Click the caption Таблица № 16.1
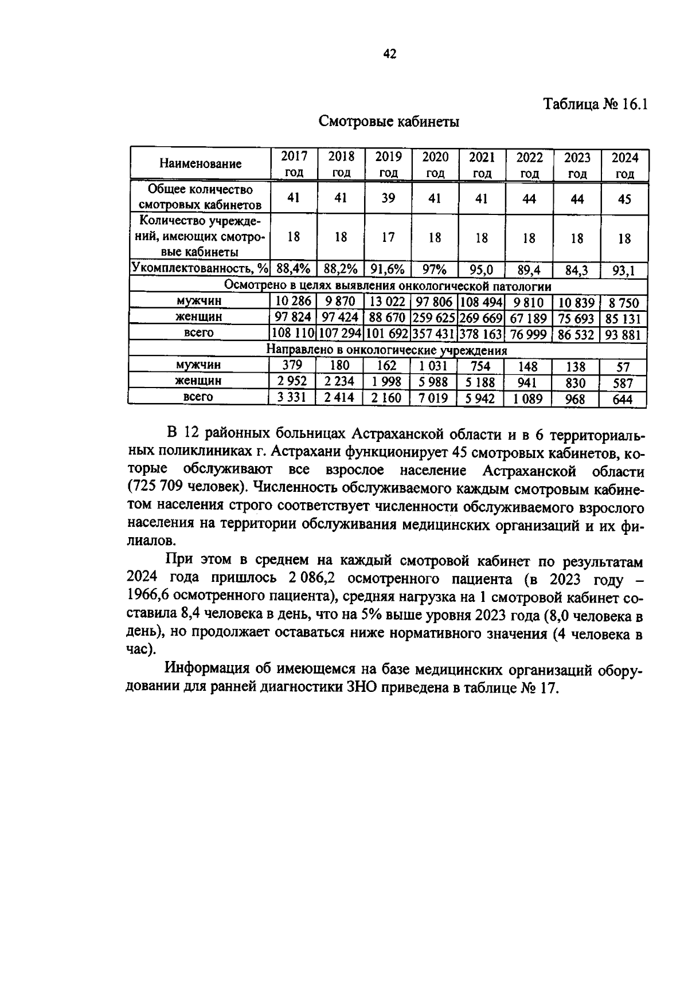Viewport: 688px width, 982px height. (595, 105)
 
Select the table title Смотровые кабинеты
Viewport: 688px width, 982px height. (389, 122)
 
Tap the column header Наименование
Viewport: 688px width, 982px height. (200, 164)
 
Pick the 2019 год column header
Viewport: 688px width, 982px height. (388, 164)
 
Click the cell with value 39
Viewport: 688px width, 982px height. (388, 198)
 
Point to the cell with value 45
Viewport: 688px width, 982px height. (624, 199)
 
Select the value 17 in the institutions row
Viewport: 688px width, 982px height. (388, 237)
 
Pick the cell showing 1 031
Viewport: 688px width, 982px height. (435, 366)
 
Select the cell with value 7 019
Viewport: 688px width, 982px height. (435, 398)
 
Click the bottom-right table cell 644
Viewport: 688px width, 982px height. (623, 399)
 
